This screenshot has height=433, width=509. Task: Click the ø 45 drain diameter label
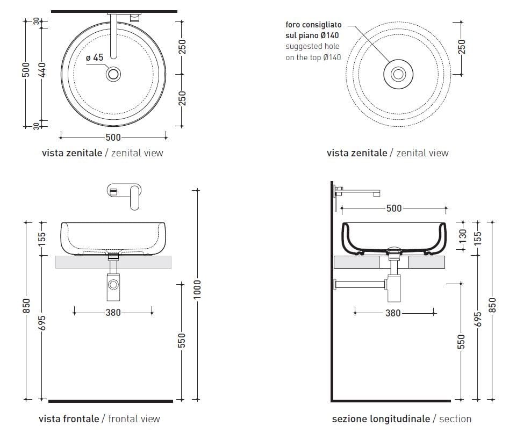tap(95, 57)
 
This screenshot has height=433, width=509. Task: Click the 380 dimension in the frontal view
tap(113, 313)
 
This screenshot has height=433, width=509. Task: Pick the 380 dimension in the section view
tap(393, 313)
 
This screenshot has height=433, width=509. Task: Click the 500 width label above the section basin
tap(394, 208)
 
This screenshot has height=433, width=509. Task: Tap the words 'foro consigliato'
tap(312, 25)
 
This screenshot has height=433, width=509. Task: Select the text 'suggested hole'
tap(312, 46)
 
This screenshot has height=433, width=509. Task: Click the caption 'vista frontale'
tap(69, 418)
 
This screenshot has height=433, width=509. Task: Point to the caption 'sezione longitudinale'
tap(381, 418)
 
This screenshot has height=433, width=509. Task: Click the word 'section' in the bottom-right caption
tap(455, 418)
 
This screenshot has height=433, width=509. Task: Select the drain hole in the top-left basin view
tap(113, 74)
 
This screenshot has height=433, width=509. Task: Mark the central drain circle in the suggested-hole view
tap(398, 74)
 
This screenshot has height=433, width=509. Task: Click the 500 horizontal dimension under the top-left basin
tap(113, 137)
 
